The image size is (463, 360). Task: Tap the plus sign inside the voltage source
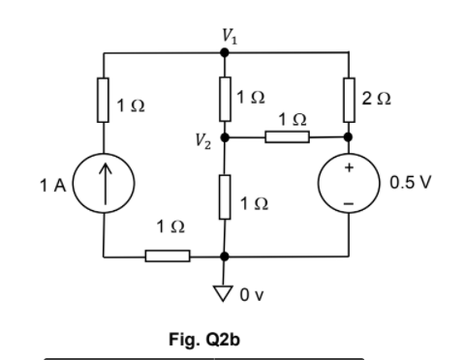click(x=349, y=168)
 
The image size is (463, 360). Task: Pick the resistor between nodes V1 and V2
click(x=225, y=97)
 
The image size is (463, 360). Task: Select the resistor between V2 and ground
click(x=225, y=195)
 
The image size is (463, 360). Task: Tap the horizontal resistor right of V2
click(x=287, y=137)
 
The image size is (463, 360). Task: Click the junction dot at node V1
click(x=225, y=53)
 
